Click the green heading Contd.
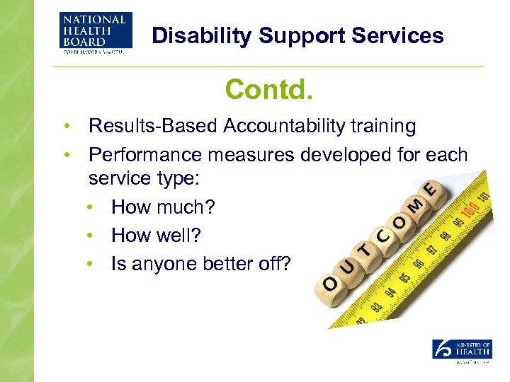[x=268, y=90]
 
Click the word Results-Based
[x=154, y=127]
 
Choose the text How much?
[x=163, y=208]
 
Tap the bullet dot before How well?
[x=91, y=236]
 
